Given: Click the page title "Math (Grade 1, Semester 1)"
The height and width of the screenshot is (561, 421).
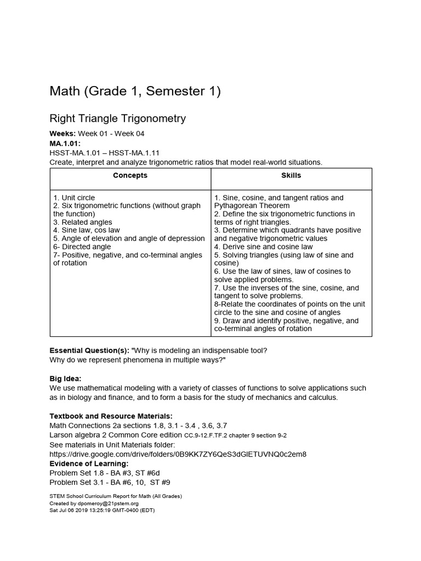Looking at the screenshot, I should click(x=135, y=91).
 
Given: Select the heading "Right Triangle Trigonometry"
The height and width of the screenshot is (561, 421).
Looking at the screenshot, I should click(x=118, y=118).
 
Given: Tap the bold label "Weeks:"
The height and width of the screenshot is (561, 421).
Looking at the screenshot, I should click(x=62, y=134).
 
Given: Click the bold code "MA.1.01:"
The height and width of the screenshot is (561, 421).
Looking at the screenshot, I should click(x=65, y=144).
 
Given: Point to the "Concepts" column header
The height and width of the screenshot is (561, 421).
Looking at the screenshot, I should click(x=130, y=176).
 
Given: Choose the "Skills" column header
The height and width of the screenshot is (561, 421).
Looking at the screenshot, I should click(x=291, y=176).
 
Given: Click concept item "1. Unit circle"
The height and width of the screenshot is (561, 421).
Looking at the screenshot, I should click(x=74, y=198).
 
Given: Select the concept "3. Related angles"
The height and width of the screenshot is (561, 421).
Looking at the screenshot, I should click(x=83, y=222).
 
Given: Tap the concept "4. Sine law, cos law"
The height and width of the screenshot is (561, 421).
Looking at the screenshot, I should click(x=87, y=231).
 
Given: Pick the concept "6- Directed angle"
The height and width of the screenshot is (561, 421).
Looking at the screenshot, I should click(x=82, y=247).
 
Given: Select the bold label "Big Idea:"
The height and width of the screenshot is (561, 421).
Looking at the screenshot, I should click(x=65, y=379).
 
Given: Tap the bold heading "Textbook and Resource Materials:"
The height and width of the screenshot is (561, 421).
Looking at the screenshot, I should click(x=111, y=416).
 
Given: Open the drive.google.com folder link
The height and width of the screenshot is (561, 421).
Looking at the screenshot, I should click(x=178, y=454).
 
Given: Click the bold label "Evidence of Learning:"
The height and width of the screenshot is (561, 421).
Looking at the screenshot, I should click(x=89, y=464).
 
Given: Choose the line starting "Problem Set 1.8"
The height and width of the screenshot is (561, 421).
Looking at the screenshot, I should click(x=105, y=473).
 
